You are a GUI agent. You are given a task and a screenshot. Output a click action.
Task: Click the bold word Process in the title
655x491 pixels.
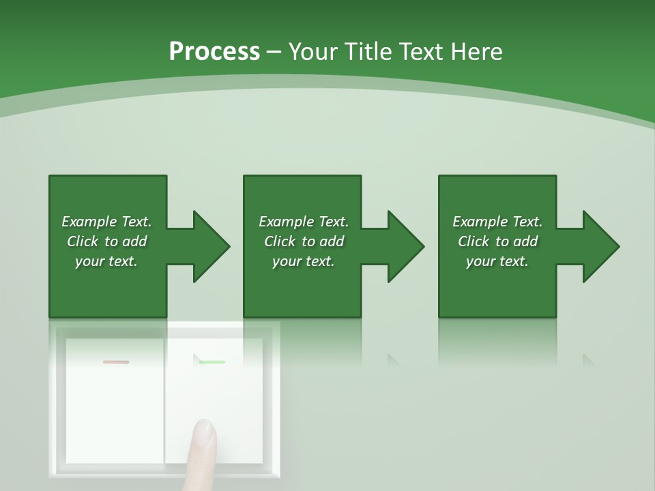tap(214, 52)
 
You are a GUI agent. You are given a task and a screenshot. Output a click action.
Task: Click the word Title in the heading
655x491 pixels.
tap(365, 52)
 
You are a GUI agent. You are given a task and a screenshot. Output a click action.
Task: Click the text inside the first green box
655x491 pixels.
tap(107, 241)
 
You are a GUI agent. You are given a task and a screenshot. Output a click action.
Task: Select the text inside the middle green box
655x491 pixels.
tap(304, 241)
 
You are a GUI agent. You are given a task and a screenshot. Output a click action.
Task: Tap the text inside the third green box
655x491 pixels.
tap(497, 241)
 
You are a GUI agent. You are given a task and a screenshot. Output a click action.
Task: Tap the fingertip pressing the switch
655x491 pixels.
tap(203, 434)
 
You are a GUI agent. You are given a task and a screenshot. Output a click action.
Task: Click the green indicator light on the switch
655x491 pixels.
tap(212, 362)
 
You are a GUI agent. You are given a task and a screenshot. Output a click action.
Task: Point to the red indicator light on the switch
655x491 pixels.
tap(115, 362)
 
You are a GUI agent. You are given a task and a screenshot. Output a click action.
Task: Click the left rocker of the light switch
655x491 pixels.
tap(115, 409)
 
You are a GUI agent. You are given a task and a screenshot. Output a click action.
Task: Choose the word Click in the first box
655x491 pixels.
tap(83, 241)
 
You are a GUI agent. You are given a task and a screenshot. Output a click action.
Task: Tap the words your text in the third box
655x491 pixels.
tap(497, 261)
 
